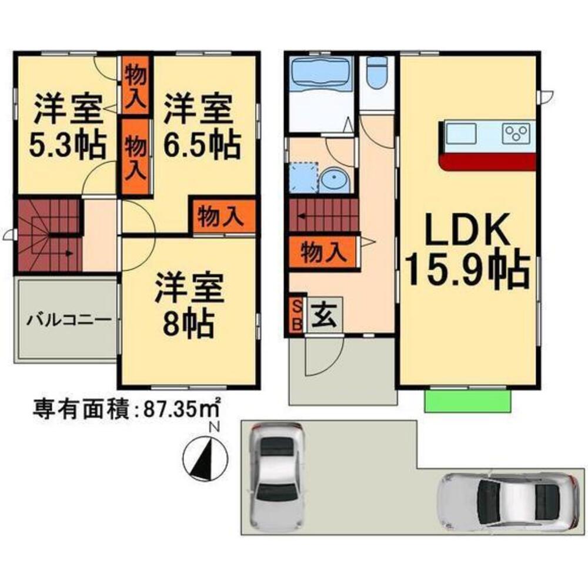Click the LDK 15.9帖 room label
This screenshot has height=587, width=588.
click(x=468, y=250)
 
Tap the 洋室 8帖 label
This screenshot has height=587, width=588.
click(x=189, y=305)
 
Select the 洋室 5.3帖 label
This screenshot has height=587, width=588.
click(x=68, y=126)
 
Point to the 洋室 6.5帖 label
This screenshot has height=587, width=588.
click(x=201, y=126)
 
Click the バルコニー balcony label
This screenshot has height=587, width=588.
click(x=69, y=320)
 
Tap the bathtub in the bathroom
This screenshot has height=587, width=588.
click(x=320, y=74)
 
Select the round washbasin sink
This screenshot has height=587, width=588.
click(x=335, y=180)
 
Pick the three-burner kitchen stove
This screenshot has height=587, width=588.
click(x=517, y=132)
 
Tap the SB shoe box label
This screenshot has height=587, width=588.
click(x=296, y=316)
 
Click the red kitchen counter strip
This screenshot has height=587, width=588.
click(x=488, y=162)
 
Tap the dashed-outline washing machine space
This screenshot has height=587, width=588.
click(x=304, y=177)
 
